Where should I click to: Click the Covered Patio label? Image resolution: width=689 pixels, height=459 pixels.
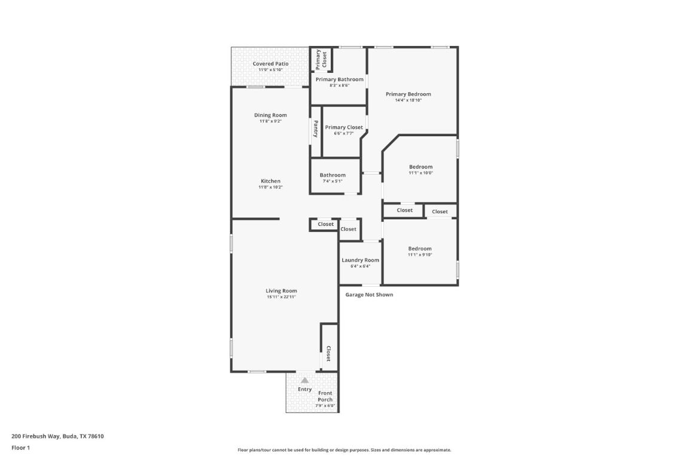pos(270,63)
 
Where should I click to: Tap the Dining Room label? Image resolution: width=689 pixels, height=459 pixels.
pos(270,115)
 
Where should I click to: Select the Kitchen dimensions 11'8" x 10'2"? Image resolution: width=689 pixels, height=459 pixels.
pos(270,188)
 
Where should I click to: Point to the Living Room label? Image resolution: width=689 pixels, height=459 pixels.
pos(281,290)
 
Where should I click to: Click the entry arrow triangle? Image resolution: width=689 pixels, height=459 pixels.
pos(304,380)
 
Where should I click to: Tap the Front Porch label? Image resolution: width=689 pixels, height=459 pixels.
pos(325,396)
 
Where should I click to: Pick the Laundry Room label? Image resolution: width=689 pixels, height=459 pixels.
pos(360,260)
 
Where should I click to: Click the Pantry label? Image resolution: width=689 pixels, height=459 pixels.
pos(315,129)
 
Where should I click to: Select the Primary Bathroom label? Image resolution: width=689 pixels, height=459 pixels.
pos(339,79)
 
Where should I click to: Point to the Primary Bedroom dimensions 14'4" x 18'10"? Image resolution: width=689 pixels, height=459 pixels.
pos(408,100)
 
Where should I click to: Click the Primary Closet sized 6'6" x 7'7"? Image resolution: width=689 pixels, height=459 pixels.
pos(344,127)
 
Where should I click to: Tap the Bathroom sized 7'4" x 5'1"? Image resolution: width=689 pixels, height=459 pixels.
pos(333,175)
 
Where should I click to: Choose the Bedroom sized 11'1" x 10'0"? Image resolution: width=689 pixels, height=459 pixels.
pos(420,167)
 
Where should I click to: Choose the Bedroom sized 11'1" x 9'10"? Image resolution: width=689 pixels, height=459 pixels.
pos(420,249)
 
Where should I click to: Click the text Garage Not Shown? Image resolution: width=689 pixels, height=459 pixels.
pos(369,295)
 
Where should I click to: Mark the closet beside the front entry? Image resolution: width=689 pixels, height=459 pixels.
pos(328,354)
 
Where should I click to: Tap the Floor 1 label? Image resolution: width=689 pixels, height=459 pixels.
pos(20,448)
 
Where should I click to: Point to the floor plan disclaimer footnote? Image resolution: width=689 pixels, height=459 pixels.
pos(344,450)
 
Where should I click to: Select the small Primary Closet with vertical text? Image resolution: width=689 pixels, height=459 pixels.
pos(321,59)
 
